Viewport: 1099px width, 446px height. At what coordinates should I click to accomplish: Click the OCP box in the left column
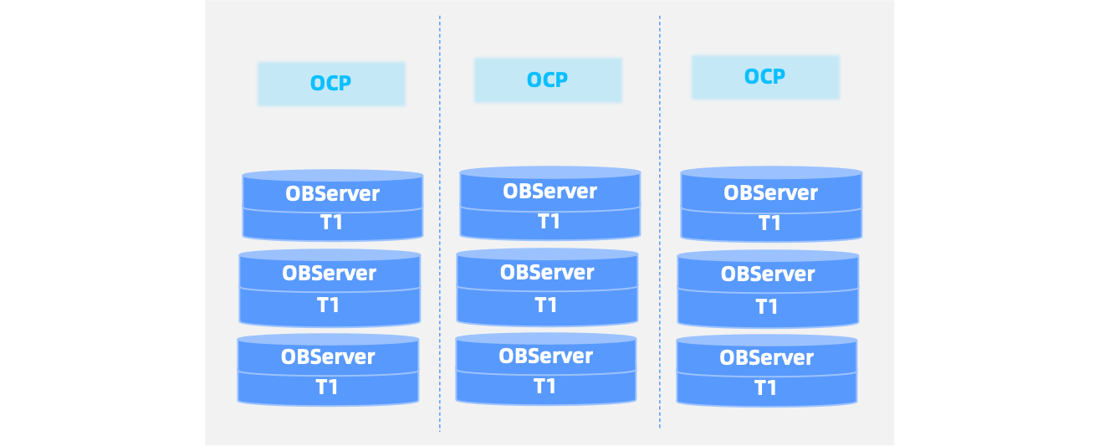pyautogui.click(x=331, y=84)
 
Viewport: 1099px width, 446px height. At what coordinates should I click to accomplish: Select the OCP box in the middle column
pyautogui.click(x=548, y=80)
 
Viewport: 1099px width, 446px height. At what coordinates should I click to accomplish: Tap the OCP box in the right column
pyautogui.click(x=764, y=77)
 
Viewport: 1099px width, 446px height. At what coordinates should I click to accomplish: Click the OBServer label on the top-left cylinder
pyautogui.click(x=332, y=194)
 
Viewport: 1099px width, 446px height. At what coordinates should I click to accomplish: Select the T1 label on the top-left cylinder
pyautogui.click(x=332, y=223)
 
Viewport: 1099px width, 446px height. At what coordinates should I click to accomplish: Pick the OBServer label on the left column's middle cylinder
pyautogui.click(x=329, y=274)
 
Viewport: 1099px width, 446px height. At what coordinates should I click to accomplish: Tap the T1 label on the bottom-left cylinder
pyautogui.click(x=327, y=387)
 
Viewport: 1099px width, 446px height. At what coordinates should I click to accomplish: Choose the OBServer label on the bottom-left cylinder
pyautogui.click(x=328, y=356)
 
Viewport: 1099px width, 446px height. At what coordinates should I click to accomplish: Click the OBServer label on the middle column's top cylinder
pyautogui.click(x=549, y=192)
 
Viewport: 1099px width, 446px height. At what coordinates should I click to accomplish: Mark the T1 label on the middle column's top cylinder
pyautogui.click(x=549, y=222)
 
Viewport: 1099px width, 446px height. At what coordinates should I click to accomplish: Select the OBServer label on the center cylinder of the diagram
pyautogui.click(x=547, y=273)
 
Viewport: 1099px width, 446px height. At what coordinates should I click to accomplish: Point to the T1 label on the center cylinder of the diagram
pyautogui.click(x=546, y=305)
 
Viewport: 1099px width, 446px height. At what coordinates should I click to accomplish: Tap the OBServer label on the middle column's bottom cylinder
pyautogui.click(x=545, y=356)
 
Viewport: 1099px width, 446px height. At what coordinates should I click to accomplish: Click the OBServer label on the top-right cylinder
pyautogui.click(x=770, y=193)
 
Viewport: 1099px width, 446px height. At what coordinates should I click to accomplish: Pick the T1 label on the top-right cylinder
pyautogui.click(x=769, y=223)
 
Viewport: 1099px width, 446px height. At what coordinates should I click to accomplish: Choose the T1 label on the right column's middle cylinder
pyautogui.click(x=767, y=307)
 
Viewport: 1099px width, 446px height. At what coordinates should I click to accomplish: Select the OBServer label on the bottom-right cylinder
pyautogui.click(x=766, y=358)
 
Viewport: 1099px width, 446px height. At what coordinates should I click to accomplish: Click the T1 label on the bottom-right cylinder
pyautogui.click(x=766, y=388)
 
